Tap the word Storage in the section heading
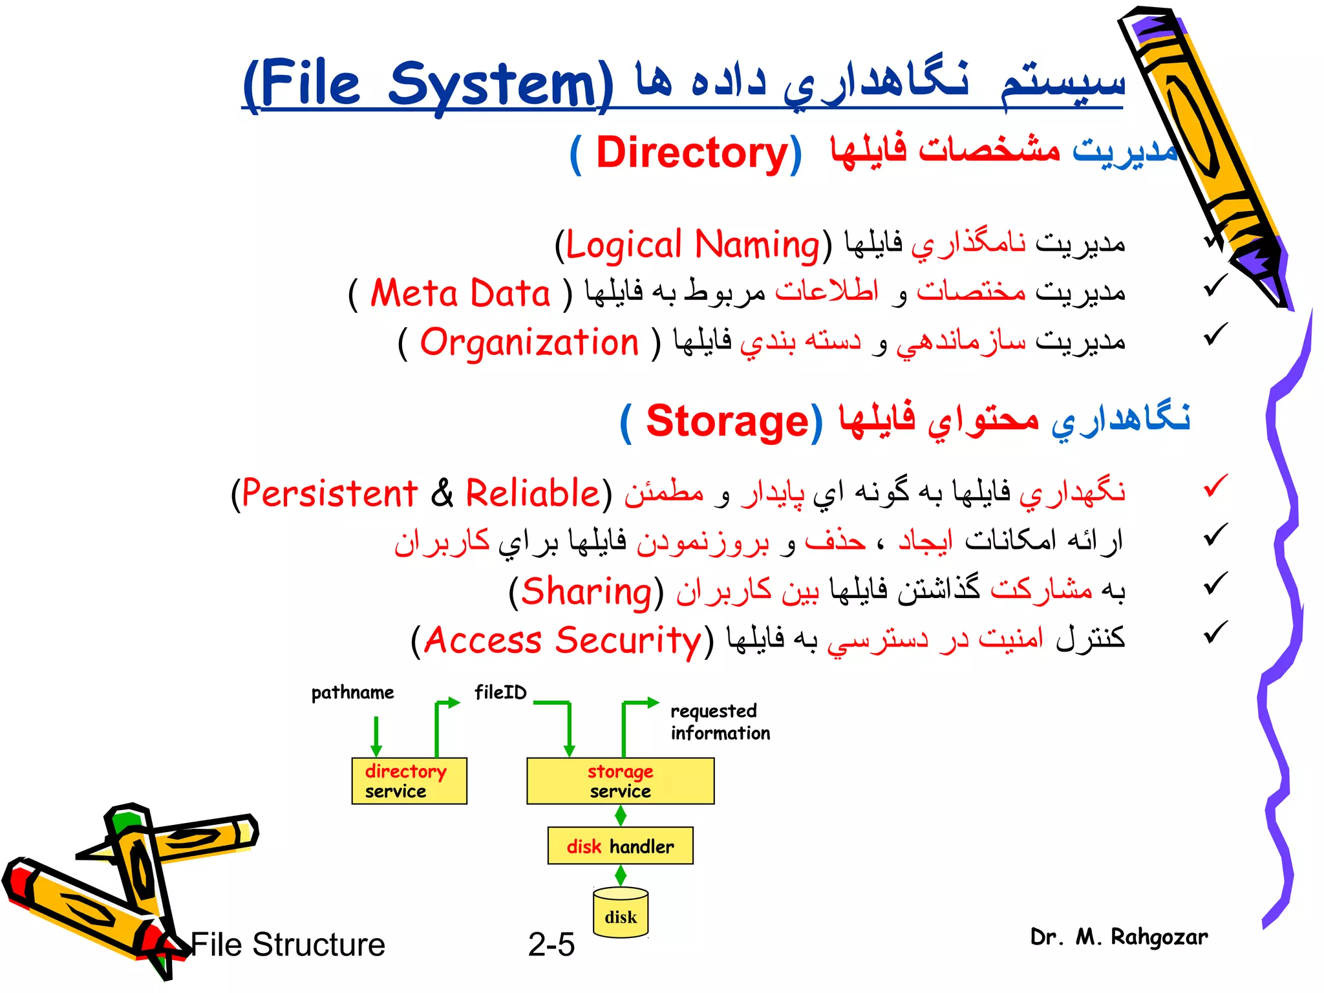point(727,422)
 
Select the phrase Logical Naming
point(692,245)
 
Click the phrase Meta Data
point(460,294)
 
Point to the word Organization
point(529,343)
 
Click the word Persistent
point(330,494)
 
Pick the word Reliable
point(533,494)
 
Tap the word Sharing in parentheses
point(586,592)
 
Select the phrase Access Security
point(562,641)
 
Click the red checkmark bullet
point(1215,486)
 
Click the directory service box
point(409,781)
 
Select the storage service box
point(620,781)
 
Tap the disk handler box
point(620,846)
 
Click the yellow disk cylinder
point(621,913)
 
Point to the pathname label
point(352,692)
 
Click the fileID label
point(500,692)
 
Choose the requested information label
point(720,722)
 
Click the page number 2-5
point(551,945)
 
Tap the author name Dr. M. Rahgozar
point(1118,937)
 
